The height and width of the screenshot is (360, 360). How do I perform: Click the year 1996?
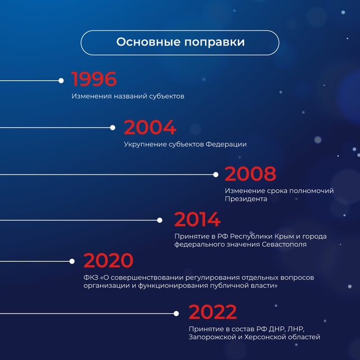click(x=94, y=79)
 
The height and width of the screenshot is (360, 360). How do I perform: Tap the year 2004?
click(x=150, y=127)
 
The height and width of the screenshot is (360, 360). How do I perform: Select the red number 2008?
click(x=250, y=174)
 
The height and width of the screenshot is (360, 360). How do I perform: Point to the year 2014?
click(x=197, y=219)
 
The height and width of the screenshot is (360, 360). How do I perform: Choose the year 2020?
click(x=109, y=260)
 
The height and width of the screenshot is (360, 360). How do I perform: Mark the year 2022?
click(x=213, y=312)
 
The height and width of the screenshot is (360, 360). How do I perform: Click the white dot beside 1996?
click(x=61, y=80)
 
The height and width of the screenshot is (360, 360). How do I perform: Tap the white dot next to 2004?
click(x=112, y=128)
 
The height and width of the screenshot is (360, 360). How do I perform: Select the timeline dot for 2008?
click(x=215, y=174)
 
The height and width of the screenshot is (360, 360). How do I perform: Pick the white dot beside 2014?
click(x=160, y=220)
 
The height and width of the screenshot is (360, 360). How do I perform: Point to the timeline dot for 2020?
click(x=72, y=261)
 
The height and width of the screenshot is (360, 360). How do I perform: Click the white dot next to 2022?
click(x=176, y=313)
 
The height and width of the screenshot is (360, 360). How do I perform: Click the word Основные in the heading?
click(x=148, y=42)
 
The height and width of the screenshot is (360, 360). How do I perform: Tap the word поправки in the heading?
click(x=215, y=43)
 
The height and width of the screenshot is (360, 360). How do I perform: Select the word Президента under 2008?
click(x=246, y=199)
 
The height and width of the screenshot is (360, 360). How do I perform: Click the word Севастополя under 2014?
click(x=284, y=244)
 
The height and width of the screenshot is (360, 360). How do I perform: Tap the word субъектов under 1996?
click(x=166, y=96)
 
